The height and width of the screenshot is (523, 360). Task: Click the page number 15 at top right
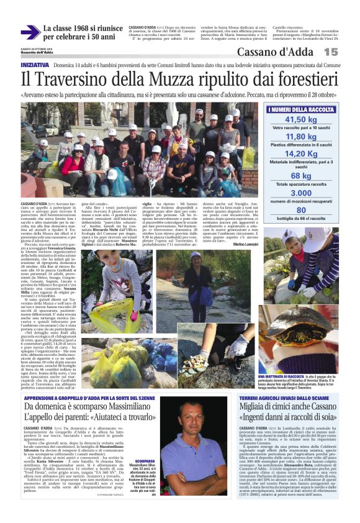347,52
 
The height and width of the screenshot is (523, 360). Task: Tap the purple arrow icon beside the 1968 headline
29,32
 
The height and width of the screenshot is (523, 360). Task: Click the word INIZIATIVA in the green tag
35,65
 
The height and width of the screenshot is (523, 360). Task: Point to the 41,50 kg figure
301,120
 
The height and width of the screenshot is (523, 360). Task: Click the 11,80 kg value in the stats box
301,137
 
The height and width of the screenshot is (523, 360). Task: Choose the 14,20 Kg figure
301,154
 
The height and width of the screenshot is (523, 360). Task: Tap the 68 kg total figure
301,176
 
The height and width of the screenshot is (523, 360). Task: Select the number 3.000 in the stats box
301,193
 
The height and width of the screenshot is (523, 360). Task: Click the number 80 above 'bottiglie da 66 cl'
301,211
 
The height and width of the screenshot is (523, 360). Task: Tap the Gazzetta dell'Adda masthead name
37,52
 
